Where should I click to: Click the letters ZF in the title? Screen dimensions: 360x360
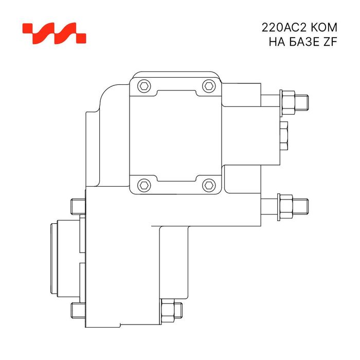330,42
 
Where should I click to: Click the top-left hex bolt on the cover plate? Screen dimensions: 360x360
144,86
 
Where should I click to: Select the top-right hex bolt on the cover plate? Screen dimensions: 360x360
208,86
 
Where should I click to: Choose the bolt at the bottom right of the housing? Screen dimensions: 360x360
171,310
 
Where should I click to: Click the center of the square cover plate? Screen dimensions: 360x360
176,135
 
